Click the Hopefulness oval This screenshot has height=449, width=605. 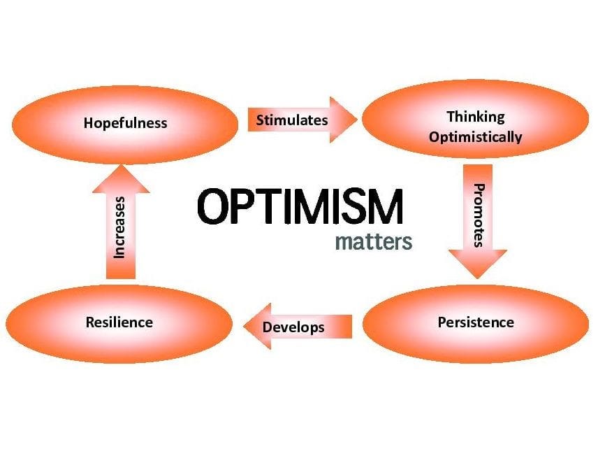(x=125, y=123)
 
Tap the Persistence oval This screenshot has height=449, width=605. (x=476, y=322)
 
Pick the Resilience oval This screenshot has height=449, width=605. (x=119, y=322)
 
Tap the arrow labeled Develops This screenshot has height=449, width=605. (x=297, y=327)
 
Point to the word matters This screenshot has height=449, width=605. (x=374, y=243)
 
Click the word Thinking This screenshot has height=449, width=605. (x=476, y=116)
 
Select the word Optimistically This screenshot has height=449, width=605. (x=476, y=136)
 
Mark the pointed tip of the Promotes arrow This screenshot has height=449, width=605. (x=478, y=277)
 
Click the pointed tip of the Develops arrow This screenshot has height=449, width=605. (x=243, y=327)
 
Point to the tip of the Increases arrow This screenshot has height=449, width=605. (x=120, y=164)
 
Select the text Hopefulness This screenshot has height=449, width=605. (x=125, y=123)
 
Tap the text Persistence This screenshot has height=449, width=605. (x=476, y=322)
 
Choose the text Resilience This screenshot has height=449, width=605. (x=119, y=322)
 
